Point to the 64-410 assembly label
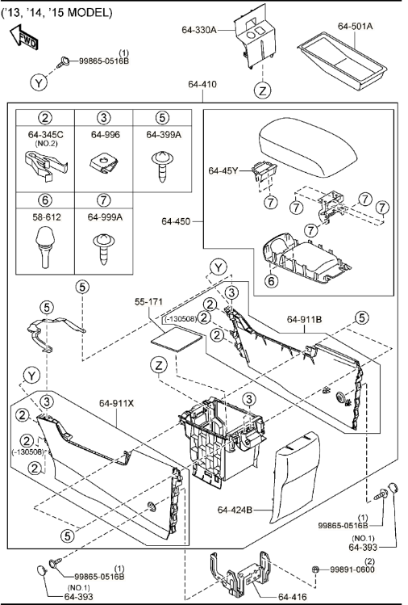click(202, 83)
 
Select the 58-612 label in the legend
click(45, 216)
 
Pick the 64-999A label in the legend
click(105, 216)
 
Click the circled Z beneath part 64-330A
click(263, 90)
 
